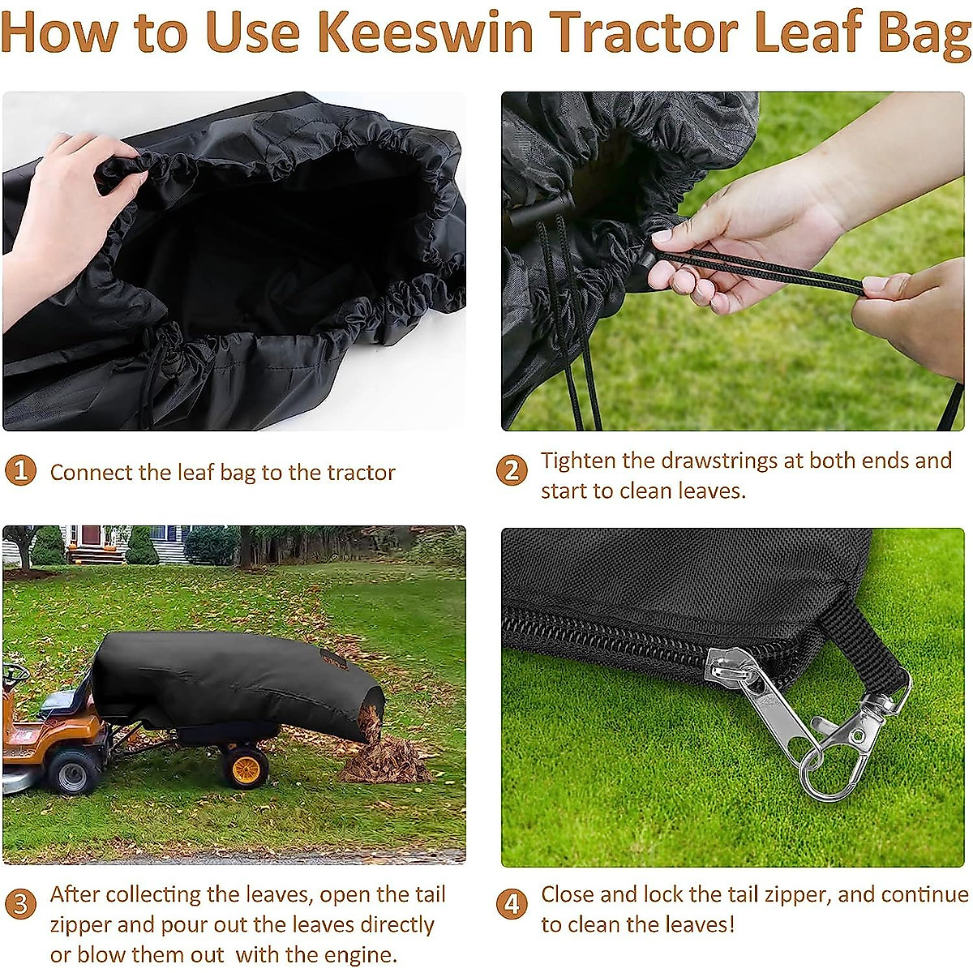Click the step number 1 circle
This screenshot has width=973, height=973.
[21, 471]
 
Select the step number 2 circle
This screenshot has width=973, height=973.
[512, 471]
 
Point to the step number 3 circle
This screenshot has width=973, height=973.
[21, 904]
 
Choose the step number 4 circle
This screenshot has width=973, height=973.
[512, 904]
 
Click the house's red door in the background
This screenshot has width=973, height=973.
[91, 537]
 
